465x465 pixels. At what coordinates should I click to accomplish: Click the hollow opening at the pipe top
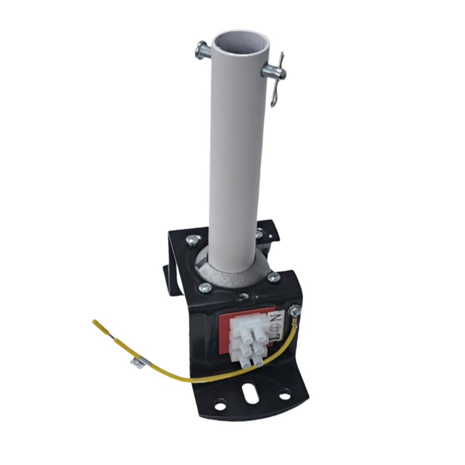pyautogui.click(x=240, y=45)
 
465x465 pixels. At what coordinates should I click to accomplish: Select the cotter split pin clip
pyautogui.click(x=278, y=79)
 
